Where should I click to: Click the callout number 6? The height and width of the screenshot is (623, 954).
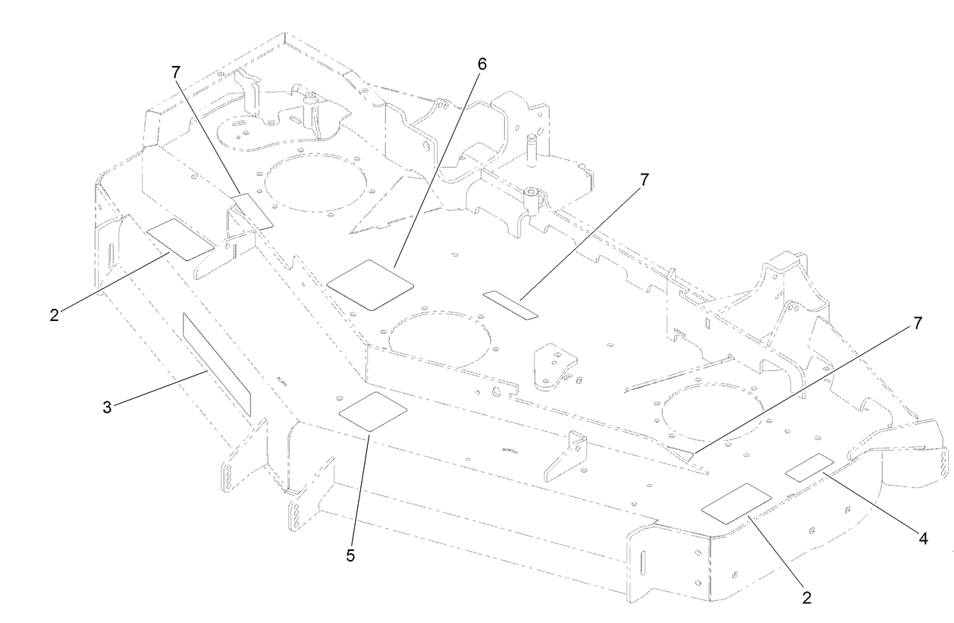(481, 65)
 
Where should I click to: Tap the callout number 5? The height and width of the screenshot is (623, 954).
(350, 555)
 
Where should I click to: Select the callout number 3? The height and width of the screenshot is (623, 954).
(107, 407)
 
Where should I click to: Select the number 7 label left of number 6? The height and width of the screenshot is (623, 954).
(176, 72)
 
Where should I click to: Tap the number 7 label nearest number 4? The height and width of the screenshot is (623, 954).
(918, 323)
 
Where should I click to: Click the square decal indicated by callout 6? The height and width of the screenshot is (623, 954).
(370, 285)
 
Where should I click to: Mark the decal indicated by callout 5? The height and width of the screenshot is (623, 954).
(372, 412)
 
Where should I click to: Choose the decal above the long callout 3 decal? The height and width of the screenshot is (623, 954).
(179, 239)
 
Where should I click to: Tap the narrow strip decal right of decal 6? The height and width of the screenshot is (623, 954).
(510, 303)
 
